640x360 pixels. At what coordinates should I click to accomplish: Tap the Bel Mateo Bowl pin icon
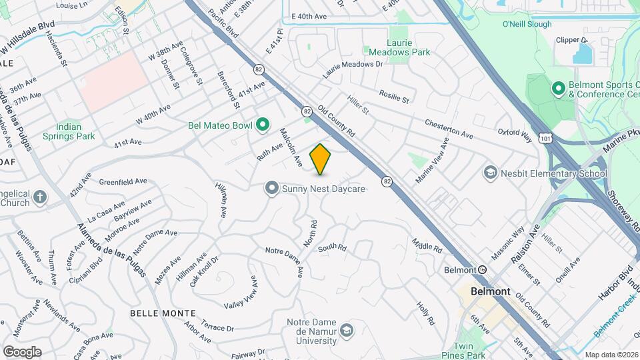click(263, 124)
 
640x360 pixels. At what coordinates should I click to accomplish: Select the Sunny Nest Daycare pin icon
click(271, 189)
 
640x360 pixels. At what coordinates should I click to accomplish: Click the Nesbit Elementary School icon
click(491, 173)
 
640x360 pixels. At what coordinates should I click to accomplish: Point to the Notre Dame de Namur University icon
click(347, 330)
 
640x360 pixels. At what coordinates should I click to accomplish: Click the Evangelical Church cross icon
click(40, 197)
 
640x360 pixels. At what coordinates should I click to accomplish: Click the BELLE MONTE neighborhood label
click(163, 313)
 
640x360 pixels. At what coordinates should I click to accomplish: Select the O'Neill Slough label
click(527, 25)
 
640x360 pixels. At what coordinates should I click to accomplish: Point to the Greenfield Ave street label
click(123, 181)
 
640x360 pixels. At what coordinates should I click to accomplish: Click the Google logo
click(22, 351)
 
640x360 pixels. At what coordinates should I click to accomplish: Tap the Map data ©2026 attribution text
click(611, 355)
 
